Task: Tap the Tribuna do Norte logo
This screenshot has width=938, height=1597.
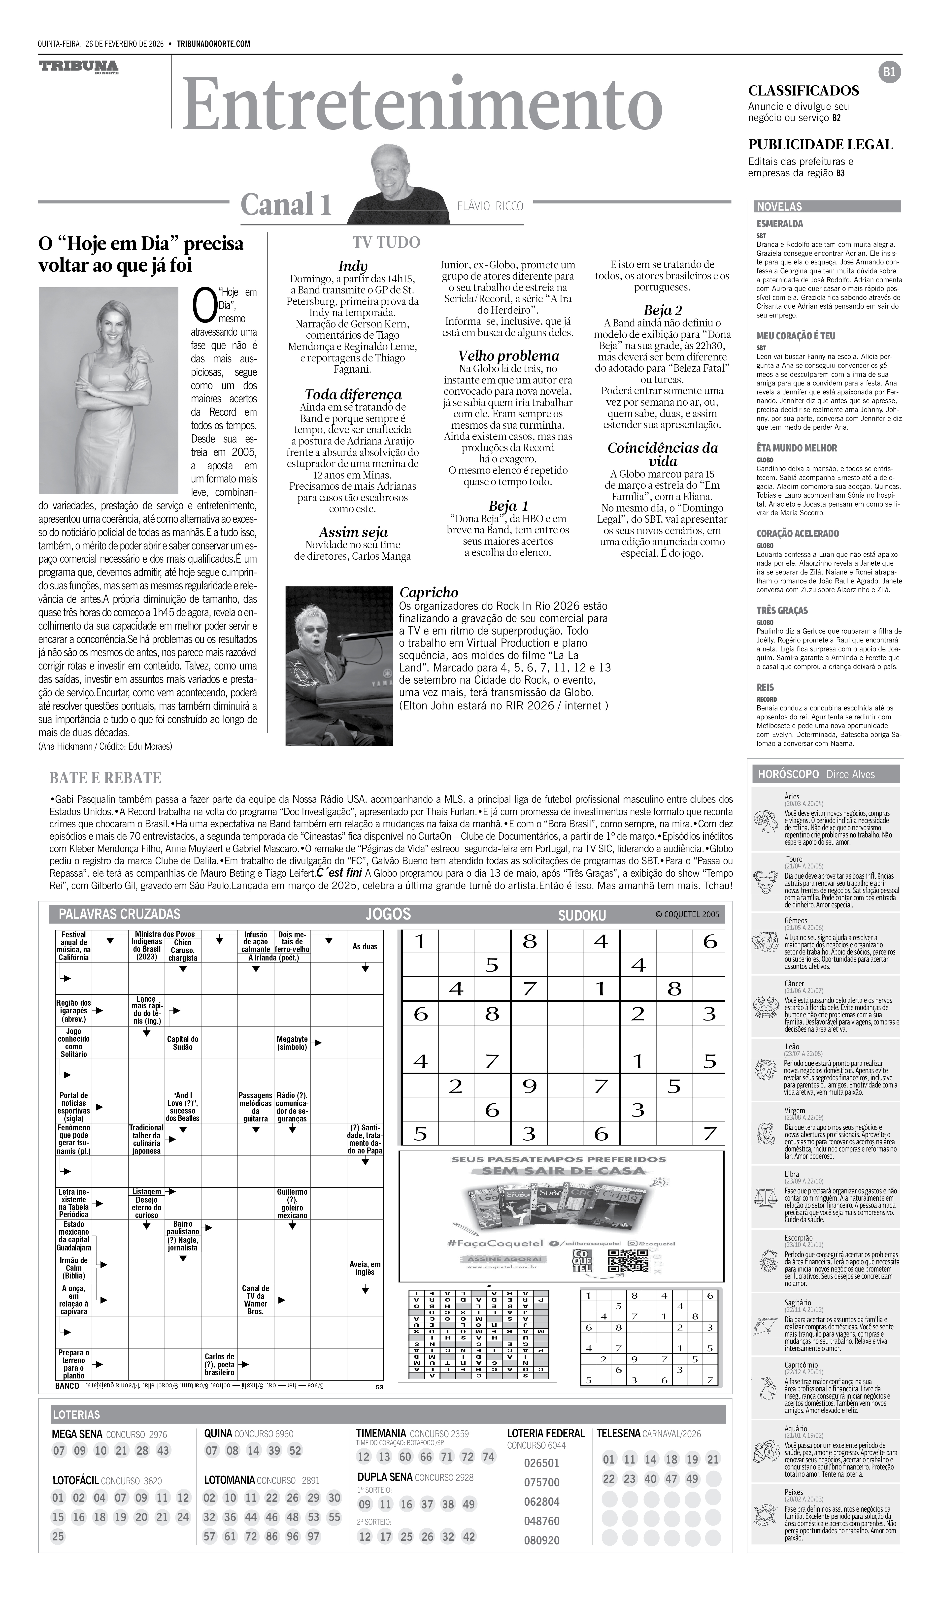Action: (x=79, y=67)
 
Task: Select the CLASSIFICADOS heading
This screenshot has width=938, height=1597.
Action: (x=803, y=91)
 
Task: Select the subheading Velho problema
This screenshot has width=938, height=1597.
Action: (x=509, y=355)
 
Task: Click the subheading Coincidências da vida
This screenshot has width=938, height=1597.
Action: (x=662, y=454)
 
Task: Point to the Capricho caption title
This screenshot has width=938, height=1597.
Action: (x=429, y=593)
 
